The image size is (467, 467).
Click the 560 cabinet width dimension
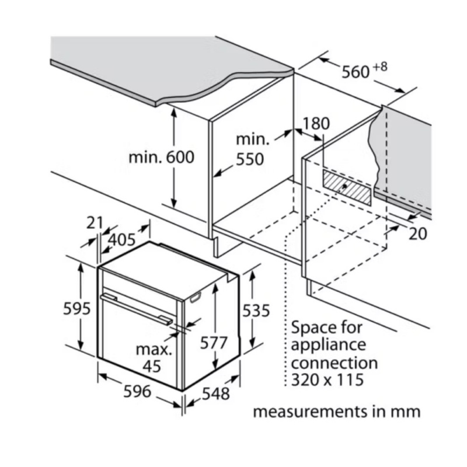(x=356, y=72)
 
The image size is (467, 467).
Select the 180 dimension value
(x=316, y=124)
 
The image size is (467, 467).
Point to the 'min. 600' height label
(x=161, y=157)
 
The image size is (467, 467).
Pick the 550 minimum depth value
(x=250, y=159)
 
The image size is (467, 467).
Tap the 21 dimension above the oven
(x=94, y=222)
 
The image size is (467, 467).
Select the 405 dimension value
(x=121, y=239)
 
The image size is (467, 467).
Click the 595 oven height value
(x=77, y=308)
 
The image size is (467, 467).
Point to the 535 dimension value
(x=256, y=311)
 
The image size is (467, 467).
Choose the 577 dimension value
(x=214, y=343)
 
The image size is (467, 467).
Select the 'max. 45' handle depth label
(x=154, y=357)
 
